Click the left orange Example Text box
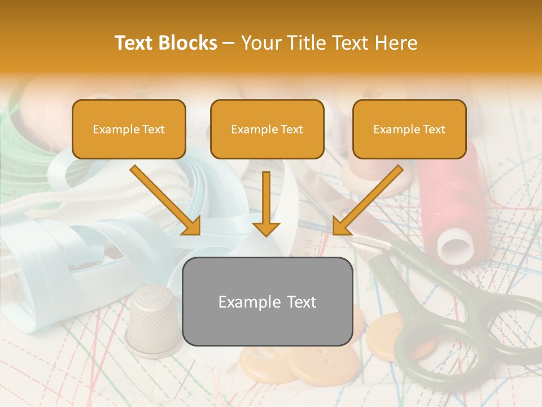tap(129, 129)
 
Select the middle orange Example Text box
tap(267, 129)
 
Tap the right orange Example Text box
tap(409, 129)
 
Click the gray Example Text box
tap(268, 301)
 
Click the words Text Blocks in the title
tap(166, 43)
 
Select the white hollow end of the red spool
tap(455, 248)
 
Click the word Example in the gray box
tap(243, 301)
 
